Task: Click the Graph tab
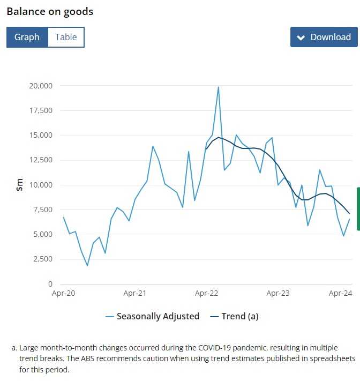pos(27,37)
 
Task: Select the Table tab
pos(66,37)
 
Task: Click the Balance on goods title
pos(50,11)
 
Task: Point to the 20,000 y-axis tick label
pos(41,86)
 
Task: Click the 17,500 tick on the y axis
pos(41,110)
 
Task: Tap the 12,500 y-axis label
pos(41,160)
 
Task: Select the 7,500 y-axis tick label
pos(43,210)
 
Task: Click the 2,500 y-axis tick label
pos(43,259)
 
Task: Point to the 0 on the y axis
pos(50,284)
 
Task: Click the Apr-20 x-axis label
pos(63,294)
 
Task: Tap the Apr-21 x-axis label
pos(135,294)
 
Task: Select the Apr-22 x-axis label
pos(206,294)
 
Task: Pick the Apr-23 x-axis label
pos(278,294)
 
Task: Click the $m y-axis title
pos(19,185)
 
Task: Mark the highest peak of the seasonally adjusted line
pos(219,87)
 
